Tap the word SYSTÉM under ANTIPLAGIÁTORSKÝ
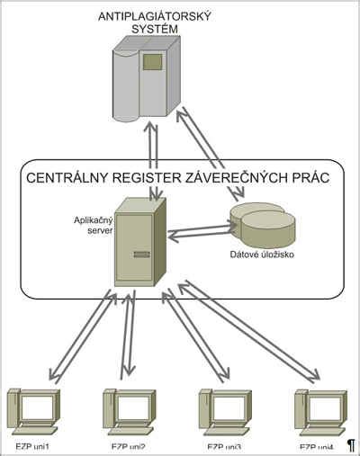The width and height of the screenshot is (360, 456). point(151,30)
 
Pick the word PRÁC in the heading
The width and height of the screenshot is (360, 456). point(309,177)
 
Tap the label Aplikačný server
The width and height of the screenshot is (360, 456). point(93,225)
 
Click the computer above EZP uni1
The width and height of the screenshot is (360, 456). point(32,411)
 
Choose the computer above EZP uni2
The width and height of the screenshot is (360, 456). point(128,411)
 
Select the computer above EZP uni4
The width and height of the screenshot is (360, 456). point(320,411)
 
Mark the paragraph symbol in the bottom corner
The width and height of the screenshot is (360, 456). point(351,445)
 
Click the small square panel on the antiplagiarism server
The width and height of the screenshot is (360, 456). point(153,62)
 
